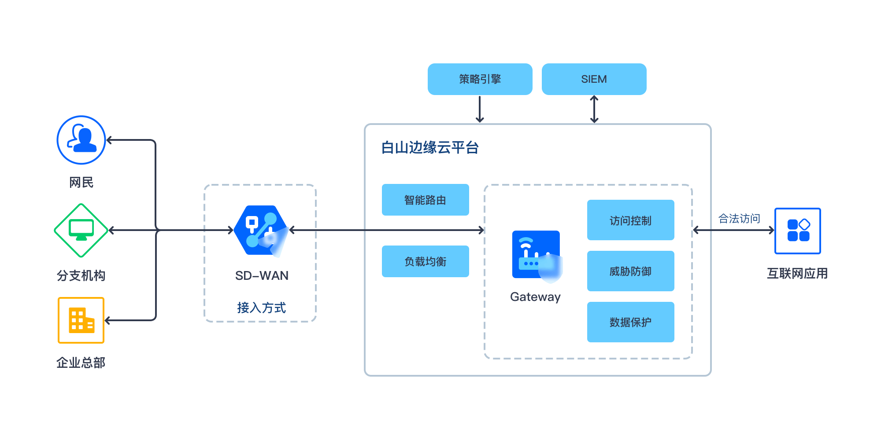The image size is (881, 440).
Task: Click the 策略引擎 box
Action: click(480, 79)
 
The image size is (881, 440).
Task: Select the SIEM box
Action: click(594, 79)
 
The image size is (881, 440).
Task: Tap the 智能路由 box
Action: click(425, 200)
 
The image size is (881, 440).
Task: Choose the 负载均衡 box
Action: click(425, 261)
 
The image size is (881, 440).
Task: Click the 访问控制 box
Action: click(630, 220)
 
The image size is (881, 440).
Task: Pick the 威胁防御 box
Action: click(630, 271)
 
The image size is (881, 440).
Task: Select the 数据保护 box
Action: click(630, 322)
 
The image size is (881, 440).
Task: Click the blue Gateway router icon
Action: click(536, 255)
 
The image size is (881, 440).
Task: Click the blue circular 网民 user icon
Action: click(81, 140)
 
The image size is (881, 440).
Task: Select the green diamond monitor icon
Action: click(81, 230)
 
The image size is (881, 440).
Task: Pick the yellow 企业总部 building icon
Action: click(81, 320)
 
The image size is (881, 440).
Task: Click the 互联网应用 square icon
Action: click(797, 231)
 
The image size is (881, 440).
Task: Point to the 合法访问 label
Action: click(739, 219)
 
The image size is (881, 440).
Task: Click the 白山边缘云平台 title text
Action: click(429, 148)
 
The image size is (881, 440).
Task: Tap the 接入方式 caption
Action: click(261, 308)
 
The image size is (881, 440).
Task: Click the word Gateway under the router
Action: click(535, 297)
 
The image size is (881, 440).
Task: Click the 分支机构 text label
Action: click(81, 275)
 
